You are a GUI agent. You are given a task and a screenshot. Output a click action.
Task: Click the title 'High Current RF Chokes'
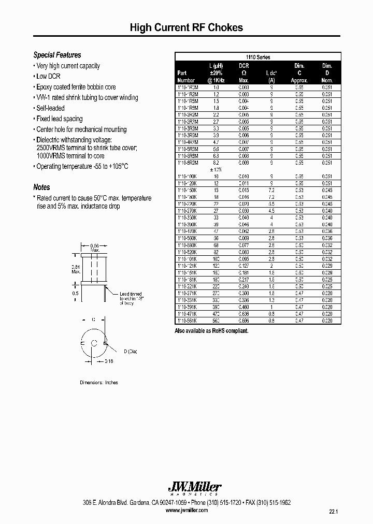tap(186, 28)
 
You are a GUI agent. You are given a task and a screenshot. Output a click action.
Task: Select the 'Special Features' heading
tap(57, 55)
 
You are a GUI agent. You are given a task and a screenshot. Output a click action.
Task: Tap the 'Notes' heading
tap(41, 187)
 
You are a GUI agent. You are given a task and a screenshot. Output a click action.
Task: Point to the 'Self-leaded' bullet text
tap(50, 108)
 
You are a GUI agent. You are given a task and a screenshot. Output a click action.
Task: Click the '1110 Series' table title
tap(257, 57)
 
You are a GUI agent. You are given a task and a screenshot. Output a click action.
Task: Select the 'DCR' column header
tap(244, 66)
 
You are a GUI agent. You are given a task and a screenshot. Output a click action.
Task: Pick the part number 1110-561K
tap(187, 321)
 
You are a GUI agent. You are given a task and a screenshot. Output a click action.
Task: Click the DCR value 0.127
tap(244, 265)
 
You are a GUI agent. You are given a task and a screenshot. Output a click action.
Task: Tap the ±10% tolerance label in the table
tap(216, 170)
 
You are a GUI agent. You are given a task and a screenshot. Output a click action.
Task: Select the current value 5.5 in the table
tap(271, 204)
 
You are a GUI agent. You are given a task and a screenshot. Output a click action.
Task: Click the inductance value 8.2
tap(216, 163)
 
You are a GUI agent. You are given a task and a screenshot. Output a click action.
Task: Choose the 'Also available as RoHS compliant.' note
tap(211, 330)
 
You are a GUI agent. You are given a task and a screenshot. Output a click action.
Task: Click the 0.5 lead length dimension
tap(76, 293)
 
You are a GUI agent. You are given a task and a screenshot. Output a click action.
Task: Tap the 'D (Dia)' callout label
tap(130, 352)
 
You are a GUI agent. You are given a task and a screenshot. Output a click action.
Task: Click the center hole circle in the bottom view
tap(93, 343)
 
